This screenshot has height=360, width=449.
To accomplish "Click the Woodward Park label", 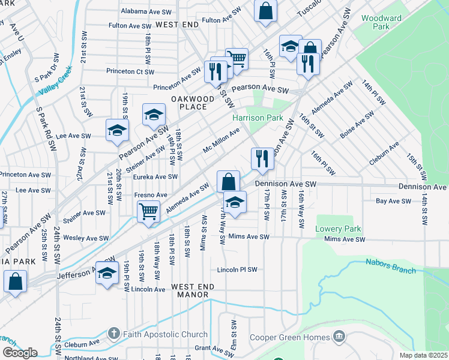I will [382, 23].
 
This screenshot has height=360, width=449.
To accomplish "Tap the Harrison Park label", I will [258, 118].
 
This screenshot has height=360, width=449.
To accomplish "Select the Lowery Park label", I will [339, 229].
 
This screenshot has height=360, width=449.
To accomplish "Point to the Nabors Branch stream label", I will [390, 266].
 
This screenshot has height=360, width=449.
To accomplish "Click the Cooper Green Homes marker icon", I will [340, 337].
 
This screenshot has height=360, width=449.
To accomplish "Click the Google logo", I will [19, 352].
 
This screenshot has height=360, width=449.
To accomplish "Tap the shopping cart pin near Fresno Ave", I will [148, 211].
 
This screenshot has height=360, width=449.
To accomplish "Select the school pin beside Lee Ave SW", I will [117, 130].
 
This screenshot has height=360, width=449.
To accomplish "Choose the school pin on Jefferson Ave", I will [107, 273].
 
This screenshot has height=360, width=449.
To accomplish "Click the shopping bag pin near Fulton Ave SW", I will [265, 11].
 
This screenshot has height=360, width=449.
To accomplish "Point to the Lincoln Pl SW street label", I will [237, 269].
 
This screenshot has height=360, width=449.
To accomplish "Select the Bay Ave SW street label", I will [393, 201].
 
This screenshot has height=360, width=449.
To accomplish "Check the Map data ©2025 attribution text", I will [423, 355].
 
